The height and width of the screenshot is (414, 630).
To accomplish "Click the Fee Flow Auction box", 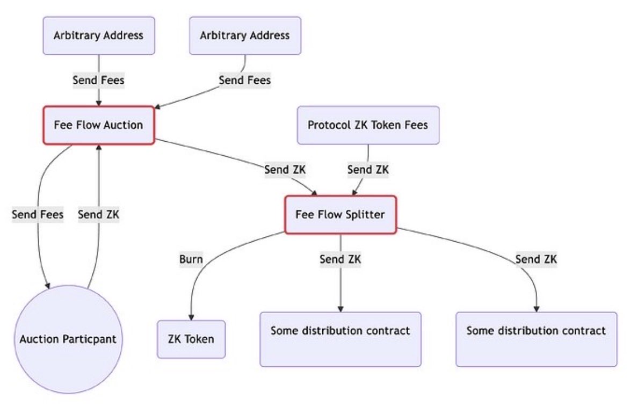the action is [99, 125].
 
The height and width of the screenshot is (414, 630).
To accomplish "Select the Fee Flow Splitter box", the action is [341, 215].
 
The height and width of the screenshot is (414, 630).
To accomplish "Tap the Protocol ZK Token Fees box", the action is [368, 125].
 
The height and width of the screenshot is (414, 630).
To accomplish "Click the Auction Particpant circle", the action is [68, 339].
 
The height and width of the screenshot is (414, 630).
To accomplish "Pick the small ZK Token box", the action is [191, 339].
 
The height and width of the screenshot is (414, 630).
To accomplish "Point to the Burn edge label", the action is [191, 259].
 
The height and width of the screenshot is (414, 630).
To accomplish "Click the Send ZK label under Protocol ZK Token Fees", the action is [368, 170].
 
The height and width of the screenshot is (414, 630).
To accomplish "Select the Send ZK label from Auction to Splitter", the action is [285, 170].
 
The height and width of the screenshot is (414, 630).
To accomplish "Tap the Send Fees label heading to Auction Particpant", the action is [38, 214].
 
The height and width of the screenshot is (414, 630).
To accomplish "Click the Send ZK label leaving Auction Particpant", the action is [99, 214].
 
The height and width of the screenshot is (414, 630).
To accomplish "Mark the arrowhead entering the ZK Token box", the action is [191, 317].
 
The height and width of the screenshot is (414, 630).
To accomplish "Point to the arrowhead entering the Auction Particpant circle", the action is [48, 286].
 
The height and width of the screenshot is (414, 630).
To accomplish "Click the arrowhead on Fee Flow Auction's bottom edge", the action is [99, 147].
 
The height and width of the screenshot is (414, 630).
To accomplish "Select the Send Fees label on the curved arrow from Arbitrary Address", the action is [245, 81].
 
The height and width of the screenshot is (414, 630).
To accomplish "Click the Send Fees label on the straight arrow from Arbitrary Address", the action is [99, 81].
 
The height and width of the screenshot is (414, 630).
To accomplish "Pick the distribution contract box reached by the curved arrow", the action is [537, 339].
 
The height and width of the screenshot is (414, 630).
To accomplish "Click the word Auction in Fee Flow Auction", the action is [124, 125].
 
